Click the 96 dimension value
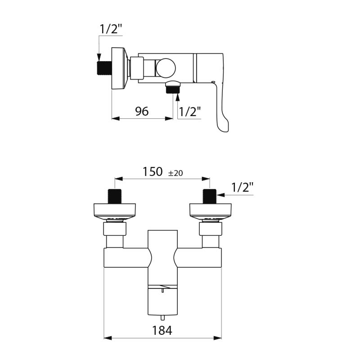click(142, 111)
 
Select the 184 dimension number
click(162, 331)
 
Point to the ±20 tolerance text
click(175, 173)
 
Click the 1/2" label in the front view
click(243, 187)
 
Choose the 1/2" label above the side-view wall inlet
click(111, 29)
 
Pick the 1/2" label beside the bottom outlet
click(189, 112)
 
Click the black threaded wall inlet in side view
click(104, 67)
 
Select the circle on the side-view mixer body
click(166, 68)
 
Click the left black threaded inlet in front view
click(114, 196)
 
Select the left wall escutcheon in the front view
click(114, 210)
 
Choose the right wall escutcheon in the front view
click(210, 210)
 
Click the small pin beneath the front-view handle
click(162, 318)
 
